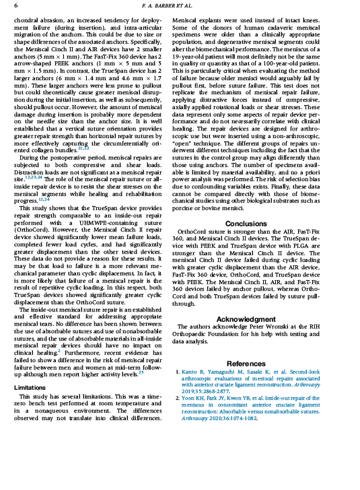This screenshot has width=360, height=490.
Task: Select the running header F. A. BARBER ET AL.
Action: (x=180, y=5)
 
